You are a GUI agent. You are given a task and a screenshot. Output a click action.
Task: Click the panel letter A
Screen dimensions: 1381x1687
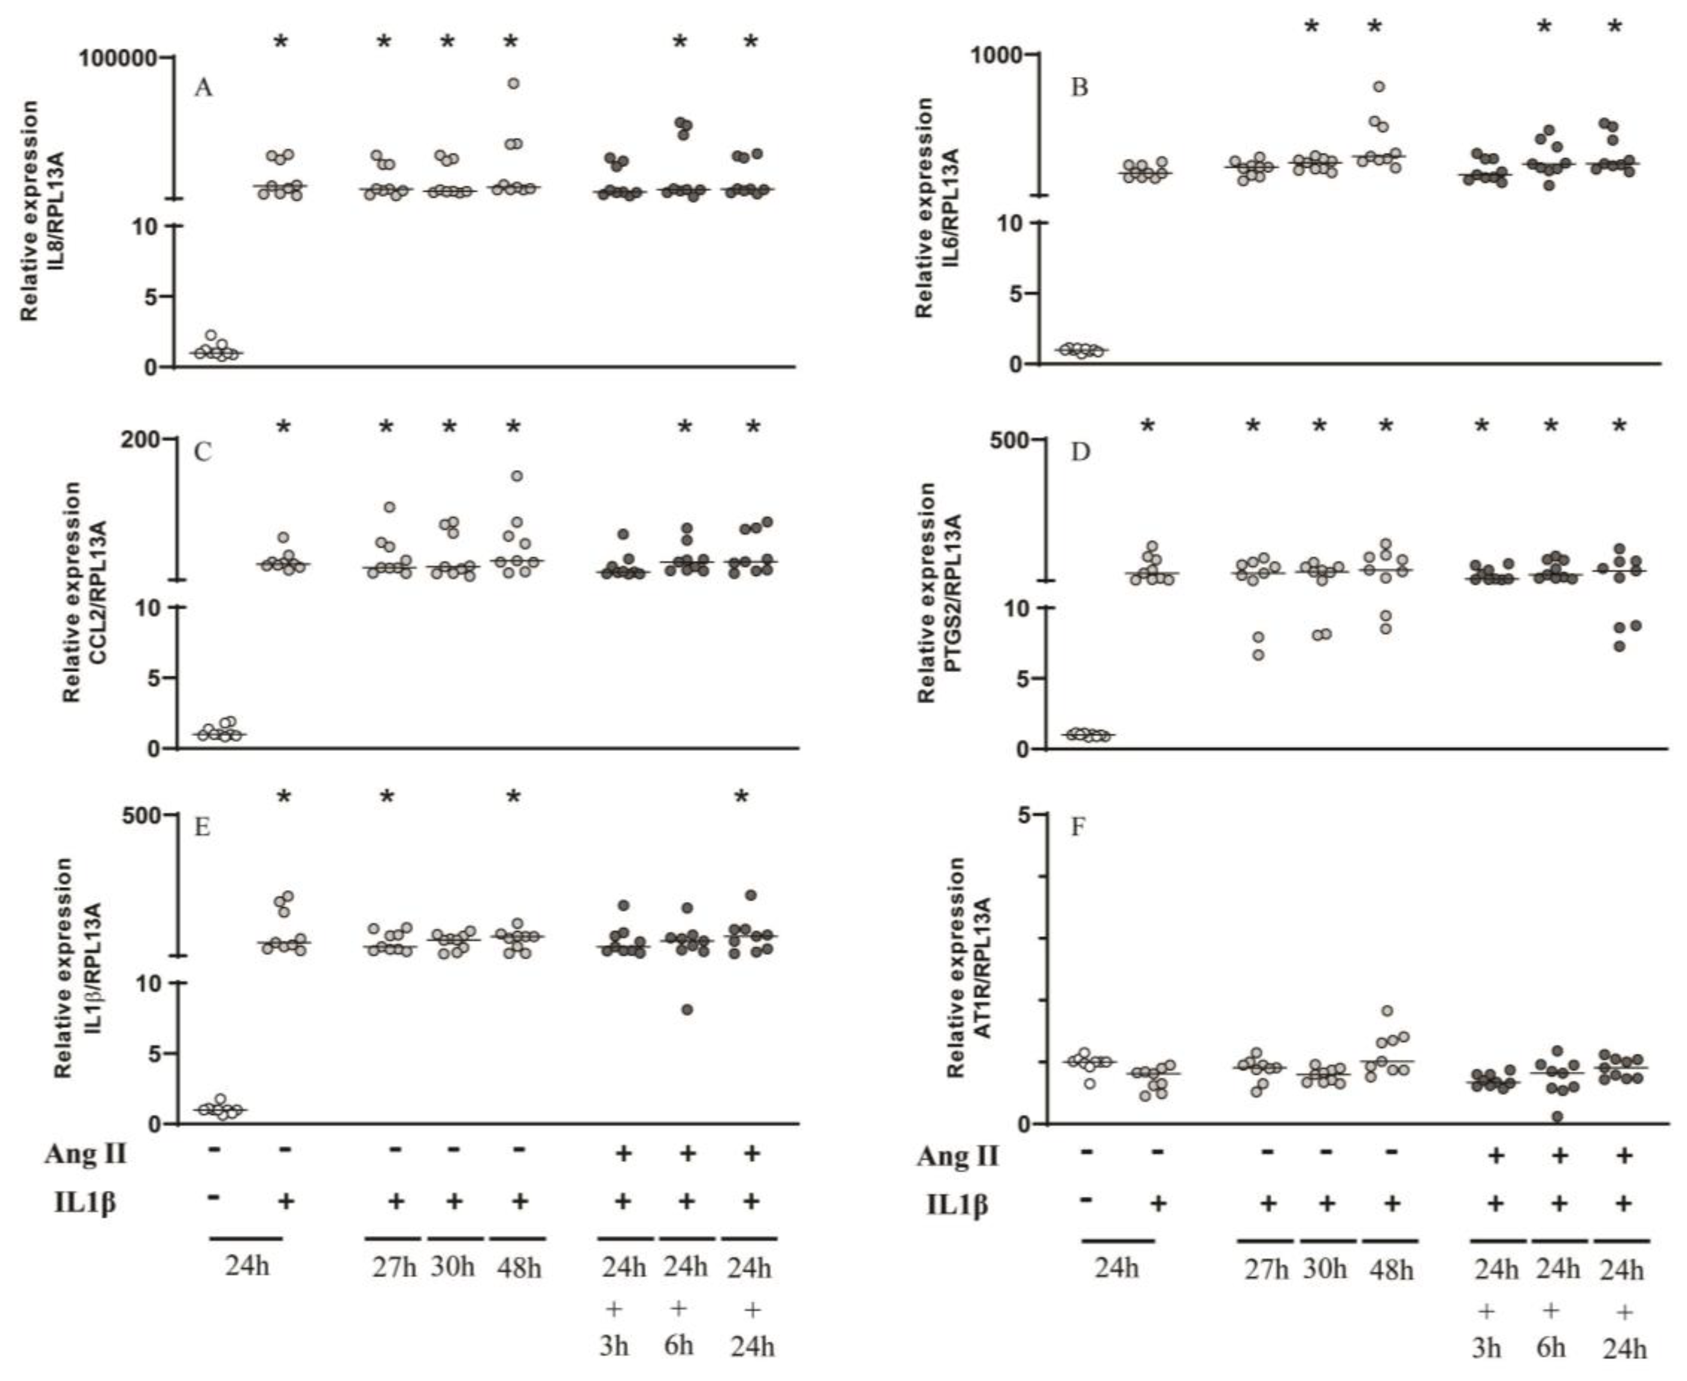[204, 87]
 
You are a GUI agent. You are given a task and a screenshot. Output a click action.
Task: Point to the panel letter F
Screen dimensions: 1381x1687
[1078, 827]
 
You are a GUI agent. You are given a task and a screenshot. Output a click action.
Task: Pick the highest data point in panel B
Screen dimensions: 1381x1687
[1378, 87]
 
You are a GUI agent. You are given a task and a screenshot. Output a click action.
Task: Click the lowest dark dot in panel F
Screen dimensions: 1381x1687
[1557, 1116]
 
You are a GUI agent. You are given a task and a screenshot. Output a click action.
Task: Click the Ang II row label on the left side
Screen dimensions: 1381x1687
[85, 1153]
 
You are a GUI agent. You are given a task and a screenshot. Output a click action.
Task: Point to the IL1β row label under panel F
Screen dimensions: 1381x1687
[957, 1204]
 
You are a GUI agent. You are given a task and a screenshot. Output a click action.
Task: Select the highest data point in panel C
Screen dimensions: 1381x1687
[517, 476]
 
